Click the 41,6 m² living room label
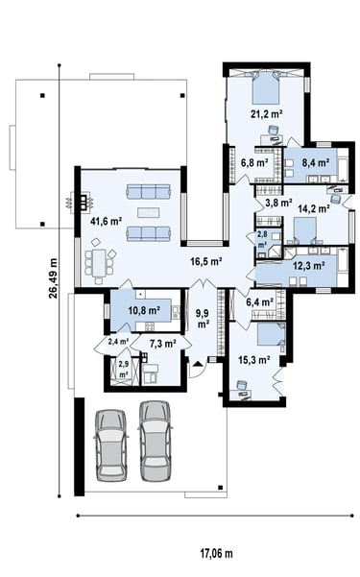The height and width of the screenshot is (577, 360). (107, 221)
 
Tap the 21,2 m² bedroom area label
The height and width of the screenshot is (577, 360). (267, 114)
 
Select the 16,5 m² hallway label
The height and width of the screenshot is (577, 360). (206, 262)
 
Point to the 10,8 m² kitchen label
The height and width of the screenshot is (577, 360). (144, 310)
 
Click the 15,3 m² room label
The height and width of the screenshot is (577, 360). (254, 359)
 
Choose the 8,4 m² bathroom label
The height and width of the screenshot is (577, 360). (316, 162)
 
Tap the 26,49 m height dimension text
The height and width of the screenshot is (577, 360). (54, 277)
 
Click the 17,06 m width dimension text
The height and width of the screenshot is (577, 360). (216, 553)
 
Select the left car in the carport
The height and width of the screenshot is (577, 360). (111, 445)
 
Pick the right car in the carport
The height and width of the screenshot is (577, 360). (156, 441)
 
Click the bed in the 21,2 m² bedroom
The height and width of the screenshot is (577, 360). (265, 88)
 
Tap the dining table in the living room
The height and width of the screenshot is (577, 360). (99, 262)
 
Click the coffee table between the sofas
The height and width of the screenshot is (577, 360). (149, 212)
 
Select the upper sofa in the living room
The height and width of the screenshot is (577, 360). (149, 191)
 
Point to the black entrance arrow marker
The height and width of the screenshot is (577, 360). (198, 364)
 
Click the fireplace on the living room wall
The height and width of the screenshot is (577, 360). (84, 202)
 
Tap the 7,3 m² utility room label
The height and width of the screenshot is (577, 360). (162, 344)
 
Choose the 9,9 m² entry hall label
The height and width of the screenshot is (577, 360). (203, 319)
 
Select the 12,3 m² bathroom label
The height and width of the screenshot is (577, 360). (309, 265)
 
